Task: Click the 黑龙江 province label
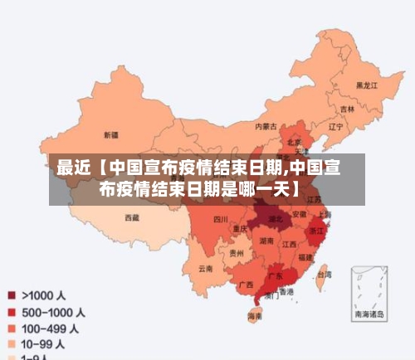[x=366, y=85]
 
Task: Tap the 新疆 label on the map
[x=110, y=134]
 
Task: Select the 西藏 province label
[x=132, y=217]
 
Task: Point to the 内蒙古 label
[x=266, y=126]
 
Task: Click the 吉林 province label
[x=346, y=109]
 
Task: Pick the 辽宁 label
[x=335, y=127]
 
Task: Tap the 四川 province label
[x=220, y=219]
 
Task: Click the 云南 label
[x=206, y=269]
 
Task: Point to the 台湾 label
[x=325, y=274]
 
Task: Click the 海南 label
[x=256, y=316]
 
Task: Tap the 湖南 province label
[x=266, y=241]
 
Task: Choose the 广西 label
[x=246, y=284]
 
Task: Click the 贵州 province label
[x=237, y=253]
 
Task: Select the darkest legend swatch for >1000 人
[x=12, y=294]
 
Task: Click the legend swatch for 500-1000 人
[x=12, y=312]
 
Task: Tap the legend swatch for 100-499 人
[x=12, y=328]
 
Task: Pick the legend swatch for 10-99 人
[x=12, y=343]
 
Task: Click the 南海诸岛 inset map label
[x=369, y=314]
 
